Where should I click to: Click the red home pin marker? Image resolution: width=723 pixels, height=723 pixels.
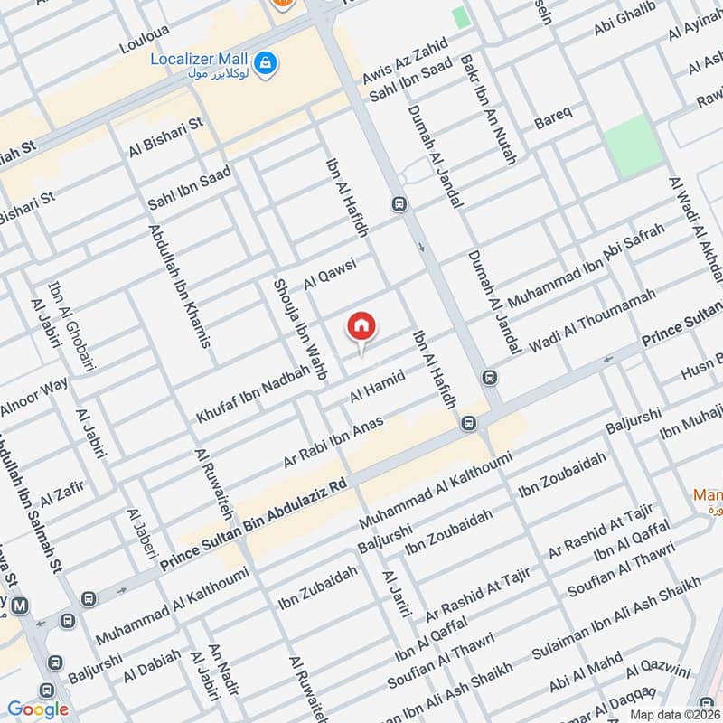pos(361,327)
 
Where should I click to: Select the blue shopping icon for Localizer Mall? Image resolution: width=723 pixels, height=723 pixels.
pos(266,62)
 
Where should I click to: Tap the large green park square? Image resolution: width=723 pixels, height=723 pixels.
pos(634,146)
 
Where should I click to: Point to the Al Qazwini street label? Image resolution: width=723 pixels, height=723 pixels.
pos(658,671)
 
